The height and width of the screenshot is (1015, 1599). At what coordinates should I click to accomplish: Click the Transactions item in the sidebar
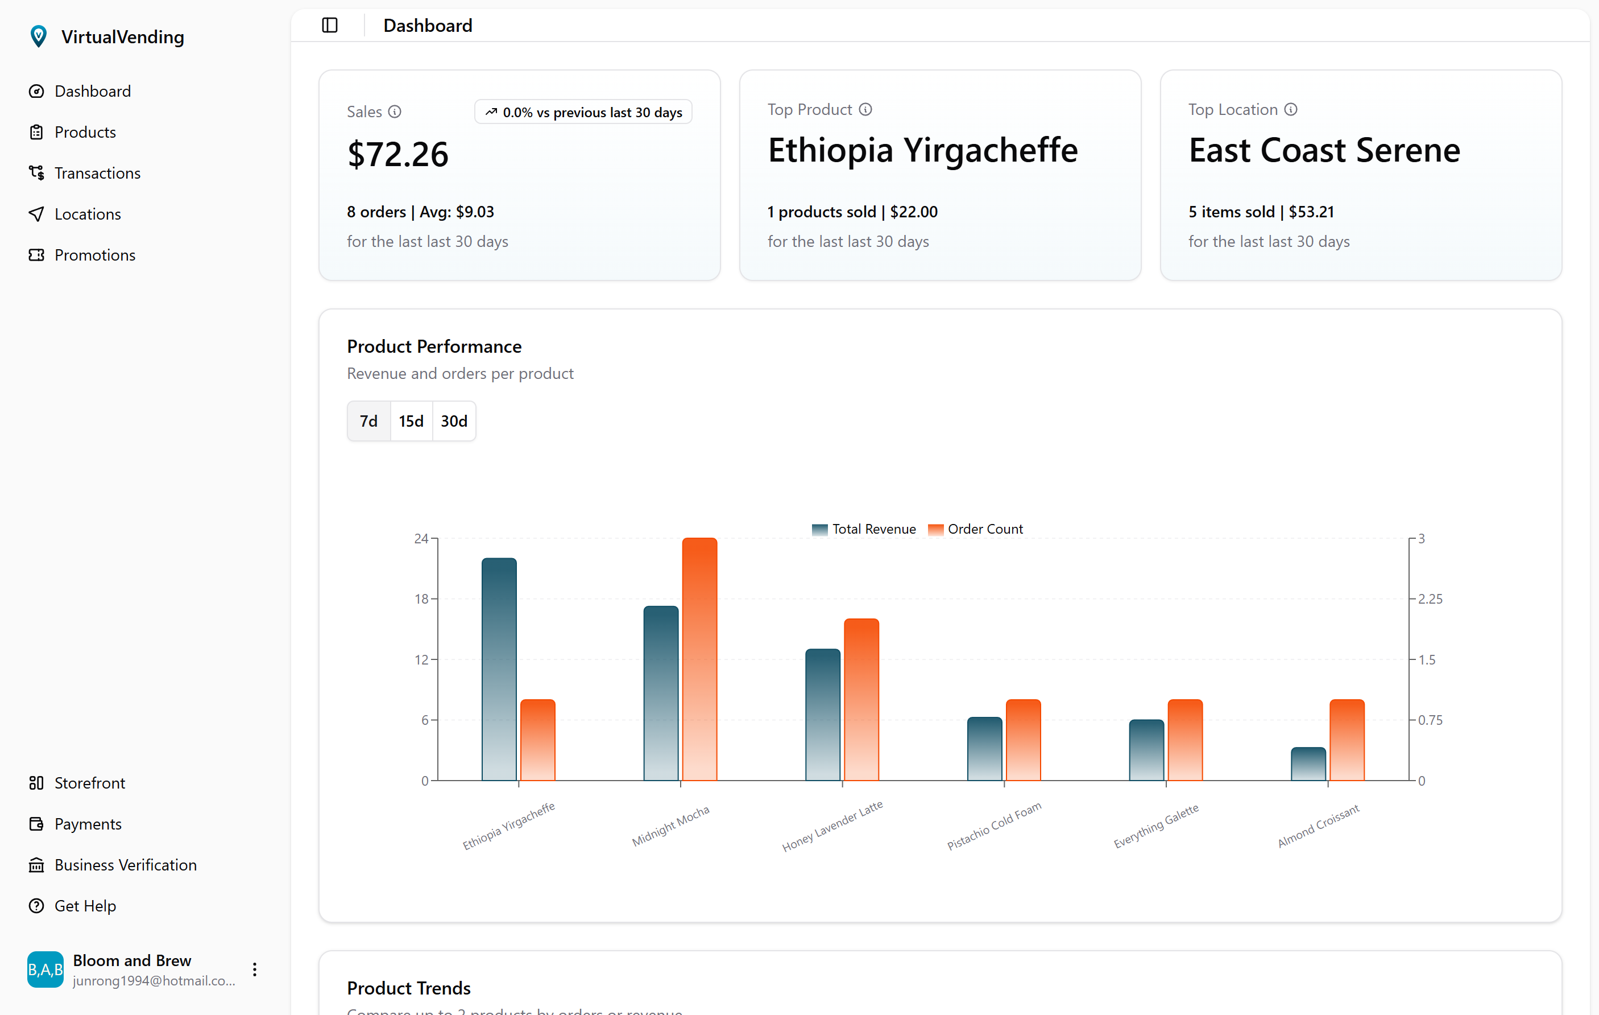[x=97, y=174]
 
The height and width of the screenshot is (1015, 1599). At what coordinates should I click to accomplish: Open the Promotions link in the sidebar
[x=94, y=255]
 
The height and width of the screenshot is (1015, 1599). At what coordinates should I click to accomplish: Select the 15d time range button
[x=411, y=421]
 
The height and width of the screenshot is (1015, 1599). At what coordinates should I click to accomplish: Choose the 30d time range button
[x=454, y=421]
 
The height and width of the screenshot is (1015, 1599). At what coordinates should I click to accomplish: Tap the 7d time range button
[x=368, y=421]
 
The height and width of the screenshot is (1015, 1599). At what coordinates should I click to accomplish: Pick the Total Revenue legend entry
[x=864, y=530]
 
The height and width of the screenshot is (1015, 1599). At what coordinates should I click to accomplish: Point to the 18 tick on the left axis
[x=422, y=599]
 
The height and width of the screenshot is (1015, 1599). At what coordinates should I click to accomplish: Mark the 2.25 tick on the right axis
[x=1430, y=599]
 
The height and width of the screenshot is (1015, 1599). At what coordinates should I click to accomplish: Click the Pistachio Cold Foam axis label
[x=993, y=826]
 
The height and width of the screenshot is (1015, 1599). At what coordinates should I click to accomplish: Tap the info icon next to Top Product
[x=865, y=110]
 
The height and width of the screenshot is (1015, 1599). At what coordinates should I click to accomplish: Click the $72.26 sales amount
[x=397, y=155]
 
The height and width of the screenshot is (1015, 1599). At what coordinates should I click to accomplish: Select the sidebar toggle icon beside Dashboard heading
[x=330, y=25]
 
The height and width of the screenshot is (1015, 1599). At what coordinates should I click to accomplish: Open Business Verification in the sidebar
[x=126, y=865]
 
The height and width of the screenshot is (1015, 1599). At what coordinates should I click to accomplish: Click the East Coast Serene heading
[x=1324, y=151]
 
